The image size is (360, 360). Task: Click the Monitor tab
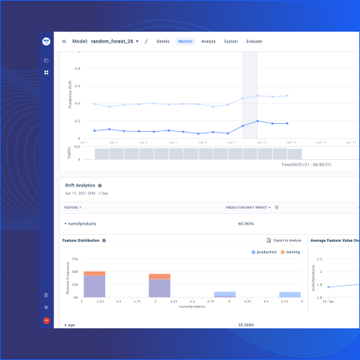click(185, 41)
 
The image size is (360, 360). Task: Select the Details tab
click(163, 41)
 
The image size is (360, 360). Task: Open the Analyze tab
click(208, 41)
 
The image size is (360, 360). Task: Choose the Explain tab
click(230, 41)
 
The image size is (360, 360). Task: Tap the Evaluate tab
click(254, 41)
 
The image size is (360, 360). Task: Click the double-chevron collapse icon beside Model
click(64, 41)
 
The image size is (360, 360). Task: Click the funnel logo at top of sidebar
click(46, 42)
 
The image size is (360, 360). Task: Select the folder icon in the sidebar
click(46, 60)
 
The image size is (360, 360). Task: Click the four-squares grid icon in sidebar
click(46, 73)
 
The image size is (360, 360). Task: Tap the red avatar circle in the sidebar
click(46, 320)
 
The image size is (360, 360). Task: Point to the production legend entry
click(266, 252)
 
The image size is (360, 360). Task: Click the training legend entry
click(291, 252)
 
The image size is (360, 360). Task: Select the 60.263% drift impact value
click(248, 223)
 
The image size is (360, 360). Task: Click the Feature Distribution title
click(81, 240)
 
